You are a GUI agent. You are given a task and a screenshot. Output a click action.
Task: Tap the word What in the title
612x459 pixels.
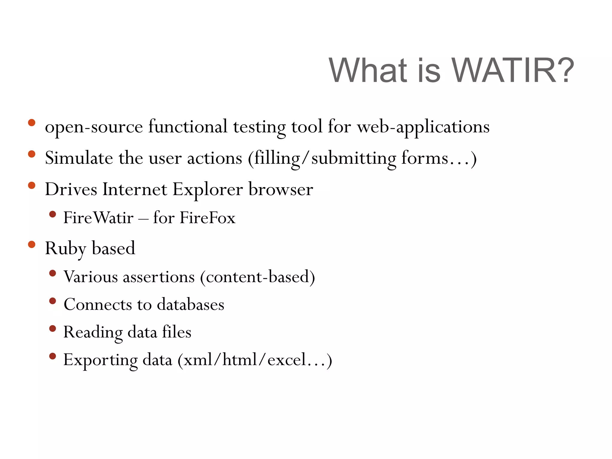pos(368,71)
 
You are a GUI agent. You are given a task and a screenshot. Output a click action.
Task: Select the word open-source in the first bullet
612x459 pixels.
pos(94,127)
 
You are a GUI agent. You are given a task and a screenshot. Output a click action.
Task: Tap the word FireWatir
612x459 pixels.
pos(98,218)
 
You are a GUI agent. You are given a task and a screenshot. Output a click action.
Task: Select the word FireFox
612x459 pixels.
pos(207,218)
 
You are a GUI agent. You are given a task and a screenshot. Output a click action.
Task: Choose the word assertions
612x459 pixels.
pos(159,277)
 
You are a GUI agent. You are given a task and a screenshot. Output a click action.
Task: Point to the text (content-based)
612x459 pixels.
pos(257,277)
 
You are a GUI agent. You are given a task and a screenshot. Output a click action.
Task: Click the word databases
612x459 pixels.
pos(190,305)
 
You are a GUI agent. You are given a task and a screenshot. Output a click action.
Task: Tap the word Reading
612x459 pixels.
pos(93,332)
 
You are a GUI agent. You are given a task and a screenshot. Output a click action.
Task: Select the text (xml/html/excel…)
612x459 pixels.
pos(255,360)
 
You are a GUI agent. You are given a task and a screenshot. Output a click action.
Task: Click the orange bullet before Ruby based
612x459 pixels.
pos(31,244)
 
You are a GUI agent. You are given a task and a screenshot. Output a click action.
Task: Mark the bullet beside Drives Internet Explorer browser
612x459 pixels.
pos(31,185)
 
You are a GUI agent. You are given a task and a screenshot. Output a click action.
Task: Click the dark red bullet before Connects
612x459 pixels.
pos(53,301)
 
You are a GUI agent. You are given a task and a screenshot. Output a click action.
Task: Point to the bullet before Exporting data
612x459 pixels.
pos(53,356)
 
